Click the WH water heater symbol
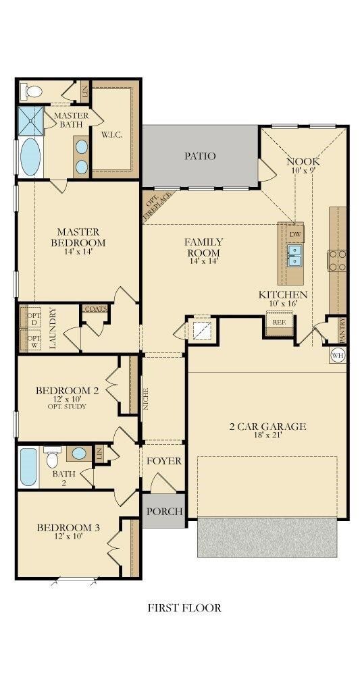(x=337, y=356)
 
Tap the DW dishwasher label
(x=294, y=235)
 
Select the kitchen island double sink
(x=294, y=255)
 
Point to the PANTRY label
(x=342, y=331)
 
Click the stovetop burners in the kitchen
(x=337, y=260)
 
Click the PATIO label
(x=200, y=156)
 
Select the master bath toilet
(x=33, y=91)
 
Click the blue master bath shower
(x=30, y=121)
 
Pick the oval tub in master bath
(x=30, y=157)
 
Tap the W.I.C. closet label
(x=112, y=134)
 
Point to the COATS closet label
(x=95, y=308)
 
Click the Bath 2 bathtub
(x=28, y=467)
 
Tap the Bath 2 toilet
(x=53, y=457)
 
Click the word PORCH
(x=164, y=512)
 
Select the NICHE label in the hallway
(x=146, y=399)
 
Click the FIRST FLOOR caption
(x=184, y=608)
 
